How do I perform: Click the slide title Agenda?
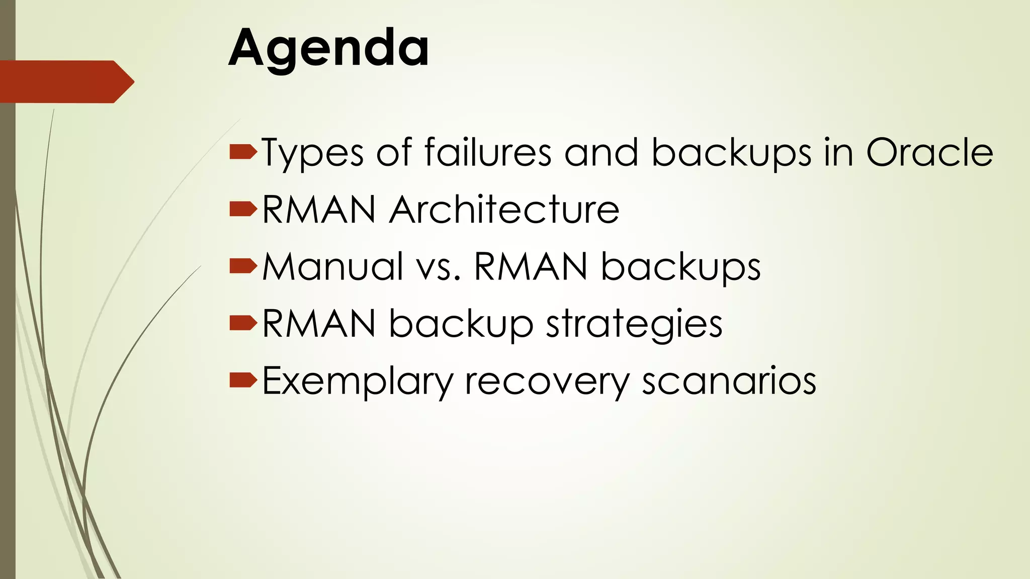(x=329, y=48)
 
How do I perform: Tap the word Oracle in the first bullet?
(x=929, y=152)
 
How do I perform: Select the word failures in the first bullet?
(x=488, y=152)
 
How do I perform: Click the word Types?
(x=312, y=153)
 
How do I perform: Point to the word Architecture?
(x=504, y=209)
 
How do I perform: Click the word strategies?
(x=634, y=324)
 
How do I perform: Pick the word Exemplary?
(x=358, y=381)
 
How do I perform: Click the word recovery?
(x=547, y=381)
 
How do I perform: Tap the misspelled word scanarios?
(x=729, y=381)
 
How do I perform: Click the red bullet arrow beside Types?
(x=243, y=152)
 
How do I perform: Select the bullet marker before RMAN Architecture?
(x=243, y=209)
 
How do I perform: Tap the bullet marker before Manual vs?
(x=243, y=266)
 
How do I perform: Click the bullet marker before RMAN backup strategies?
(x=243, y=323)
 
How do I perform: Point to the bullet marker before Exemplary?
(x=243, y=380)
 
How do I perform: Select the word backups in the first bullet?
(x=731, y=153)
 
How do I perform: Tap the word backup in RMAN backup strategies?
(x=461, y=324)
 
